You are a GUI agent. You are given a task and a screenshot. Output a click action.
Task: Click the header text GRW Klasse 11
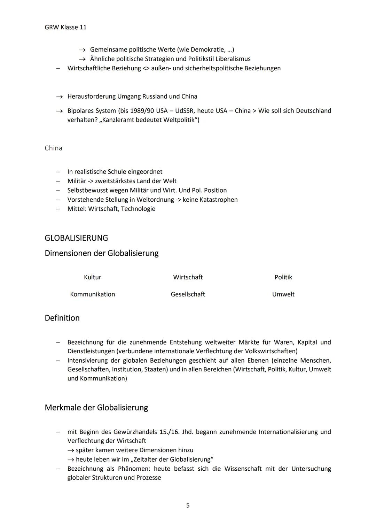[x=65, y=27]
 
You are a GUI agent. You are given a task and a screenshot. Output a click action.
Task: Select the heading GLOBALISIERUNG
[x=76, y=238]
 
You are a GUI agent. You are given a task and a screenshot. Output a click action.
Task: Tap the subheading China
[x=53, y=148]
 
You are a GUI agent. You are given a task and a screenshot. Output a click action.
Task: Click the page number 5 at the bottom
[x=188, y=505]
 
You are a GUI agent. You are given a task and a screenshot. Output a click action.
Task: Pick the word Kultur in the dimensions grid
[x=92, y=277]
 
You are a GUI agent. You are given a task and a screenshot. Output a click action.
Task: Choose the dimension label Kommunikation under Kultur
[x=92, y=294]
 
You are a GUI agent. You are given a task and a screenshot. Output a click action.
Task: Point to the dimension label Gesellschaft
[x=188, y=294]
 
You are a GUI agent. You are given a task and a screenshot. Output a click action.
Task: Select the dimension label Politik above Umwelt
[x=283, y=277]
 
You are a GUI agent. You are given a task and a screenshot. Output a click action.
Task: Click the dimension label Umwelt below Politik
[x=283, y=294]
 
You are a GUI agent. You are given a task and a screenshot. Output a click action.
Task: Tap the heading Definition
[x=62, y=318]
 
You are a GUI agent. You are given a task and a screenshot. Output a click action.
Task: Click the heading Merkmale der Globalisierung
[x=96, y=407]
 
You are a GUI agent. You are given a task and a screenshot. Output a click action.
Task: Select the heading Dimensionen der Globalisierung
[x=101, y=253]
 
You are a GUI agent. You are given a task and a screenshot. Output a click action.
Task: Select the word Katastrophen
[x=219, y=200]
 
